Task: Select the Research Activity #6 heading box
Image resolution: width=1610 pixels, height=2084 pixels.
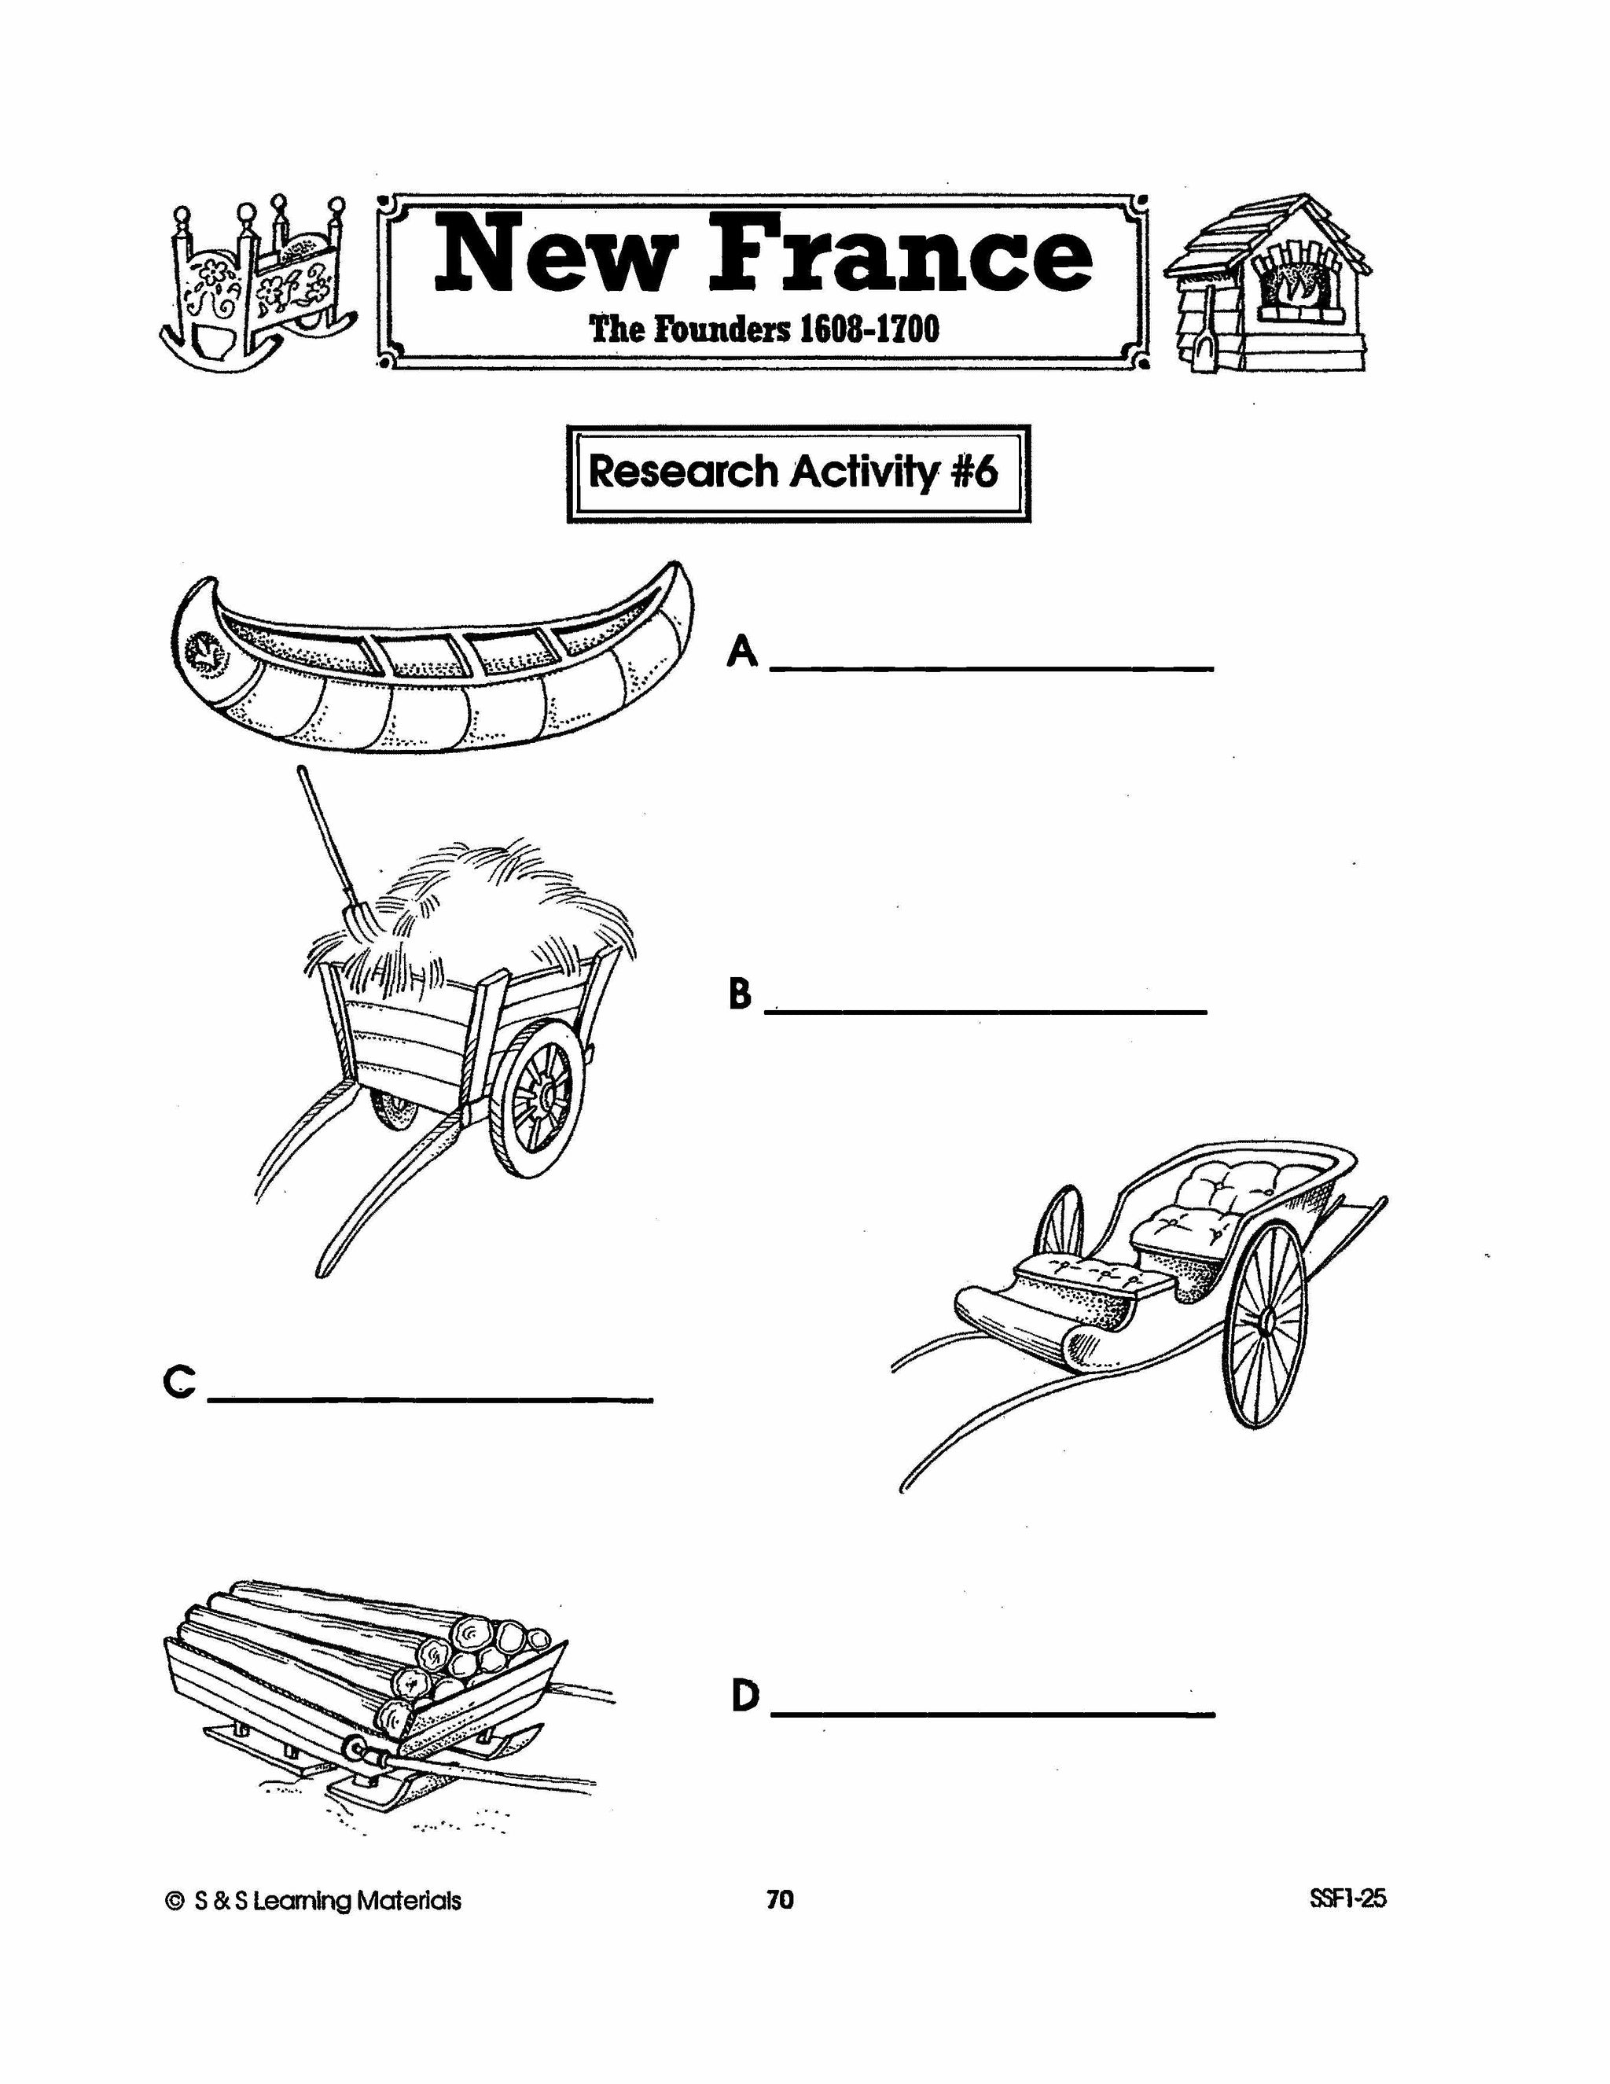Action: [x=798, y=472]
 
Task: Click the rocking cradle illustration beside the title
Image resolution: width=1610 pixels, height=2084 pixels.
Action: [x=255, y=284]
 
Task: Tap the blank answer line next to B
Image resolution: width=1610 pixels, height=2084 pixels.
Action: [x=987, y=1009]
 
